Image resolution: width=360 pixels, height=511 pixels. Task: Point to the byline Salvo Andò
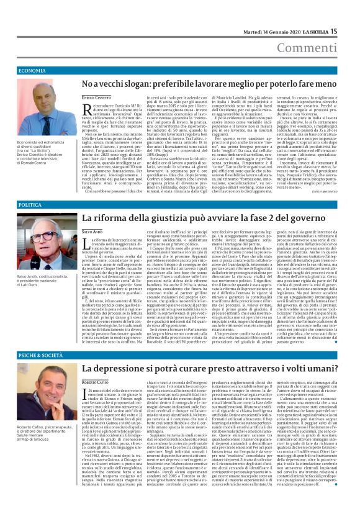click(91, 230)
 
